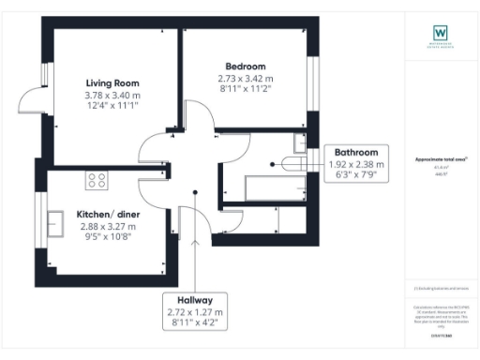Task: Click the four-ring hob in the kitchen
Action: point(96,178)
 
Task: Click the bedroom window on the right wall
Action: point(312,83)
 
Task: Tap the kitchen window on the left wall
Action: point(46,223)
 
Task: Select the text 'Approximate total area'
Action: point(440,159)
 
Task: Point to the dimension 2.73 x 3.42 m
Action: point(242,80)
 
